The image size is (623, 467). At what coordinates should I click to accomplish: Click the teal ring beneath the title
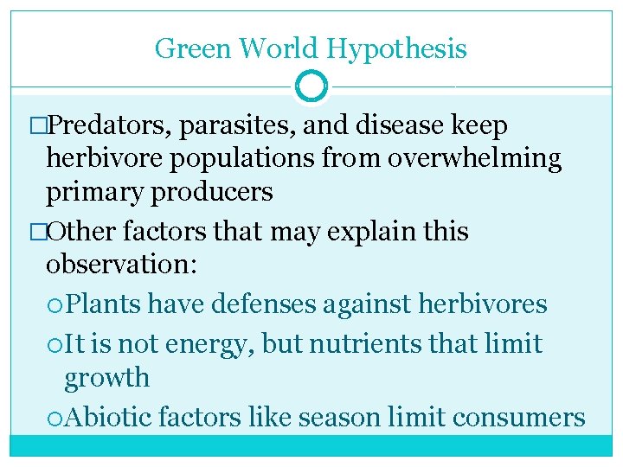[311, 86]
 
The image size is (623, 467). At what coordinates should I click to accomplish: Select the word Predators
[111, 126]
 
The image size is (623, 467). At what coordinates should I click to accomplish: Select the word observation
[121, 265]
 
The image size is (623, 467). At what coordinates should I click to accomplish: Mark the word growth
[107, 379]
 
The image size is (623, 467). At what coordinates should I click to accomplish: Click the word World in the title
[267, 48]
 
